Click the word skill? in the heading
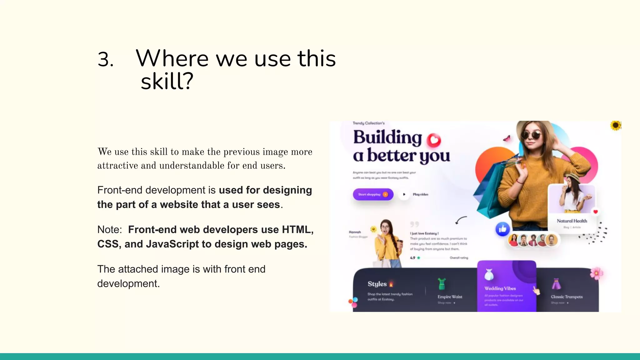(167, 82)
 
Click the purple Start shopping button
(373, 194)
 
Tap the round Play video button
(404, 194)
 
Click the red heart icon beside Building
(434, 140)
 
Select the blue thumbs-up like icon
(502, 229)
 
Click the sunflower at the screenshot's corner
(616, 126)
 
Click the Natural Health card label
(572, 221)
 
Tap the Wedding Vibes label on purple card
(500, 288)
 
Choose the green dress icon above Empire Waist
(442, 284)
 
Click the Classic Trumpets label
(567, 297)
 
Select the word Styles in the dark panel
(377, 284)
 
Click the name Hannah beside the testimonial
(355, 232)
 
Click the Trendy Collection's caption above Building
(368, 123)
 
